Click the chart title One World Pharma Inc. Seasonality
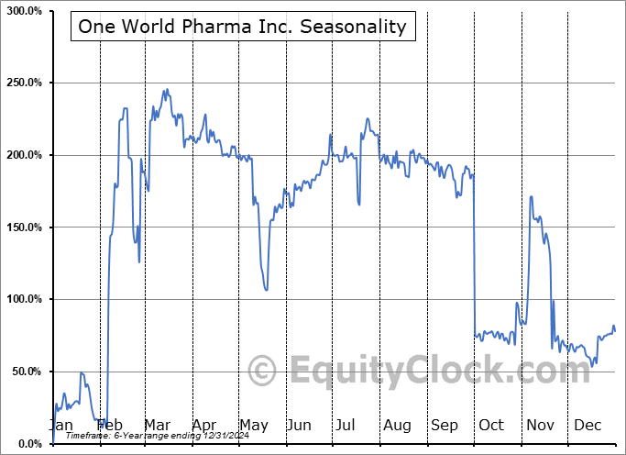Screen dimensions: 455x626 [242, 26]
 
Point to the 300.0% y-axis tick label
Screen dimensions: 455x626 [22, 11]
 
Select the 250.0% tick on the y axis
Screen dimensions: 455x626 [22, 83]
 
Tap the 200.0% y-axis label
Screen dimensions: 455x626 [22, 155]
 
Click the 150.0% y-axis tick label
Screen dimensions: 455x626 [22, 227]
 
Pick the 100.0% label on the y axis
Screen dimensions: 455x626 [22, 300]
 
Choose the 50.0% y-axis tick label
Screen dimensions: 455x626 [24, 372]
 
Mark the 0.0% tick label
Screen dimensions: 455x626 [27, 444]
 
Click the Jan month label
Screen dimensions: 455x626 [61, 425]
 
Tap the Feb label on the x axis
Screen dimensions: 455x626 [110, 425]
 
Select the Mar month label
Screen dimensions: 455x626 [157, 425]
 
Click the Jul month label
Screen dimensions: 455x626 [346, 425]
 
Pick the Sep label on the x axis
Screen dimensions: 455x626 [444, 425]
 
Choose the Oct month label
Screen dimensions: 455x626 [491, 425]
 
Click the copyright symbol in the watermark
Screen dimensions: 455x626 [262, 372]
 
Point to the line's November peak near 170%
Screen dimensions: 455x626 [531, 196]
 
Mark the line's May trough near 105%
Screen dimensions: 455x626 [266, 291]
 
